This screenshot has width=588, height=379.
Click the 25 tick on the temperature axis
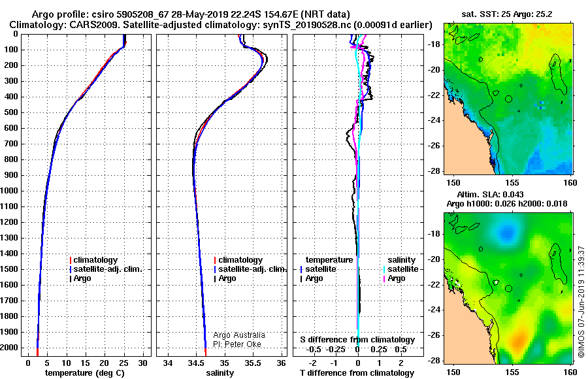(x=123, y=363)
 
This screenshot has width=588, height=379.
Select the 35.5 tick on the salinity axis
(x=253, y=363)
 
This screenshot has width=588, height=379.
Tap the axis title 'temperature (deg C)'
(x=85, y=373)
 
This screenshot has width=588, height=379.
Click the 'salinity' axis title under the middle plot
(x=220, y=373)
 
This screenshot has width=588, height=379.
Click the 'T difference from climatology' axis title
(x=357, y=373)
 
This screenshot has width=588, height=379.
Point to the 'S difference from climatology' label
(x=357, y=340)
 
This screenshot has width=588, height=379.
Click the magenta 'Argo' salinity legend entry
(x=394, y=278)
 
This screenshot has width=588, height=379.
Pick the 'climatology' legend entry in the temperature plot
(x=93, y=260)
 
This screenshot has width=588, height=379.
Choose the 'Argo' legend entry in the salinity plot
(x=225, y=278)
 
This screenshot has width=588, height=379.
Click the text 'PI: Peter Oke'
(x=237, y=344)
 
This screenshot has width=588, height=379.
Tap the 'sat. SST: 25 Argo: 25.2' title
(x=506, y=14)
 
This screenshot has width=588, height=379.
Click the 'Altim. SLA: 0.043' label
(x=490, y=194)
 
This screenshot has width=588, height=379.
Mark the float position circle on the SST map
(x=508, y=99)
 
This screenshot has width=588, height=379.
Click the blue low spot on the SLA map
(x=507, y=233)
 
